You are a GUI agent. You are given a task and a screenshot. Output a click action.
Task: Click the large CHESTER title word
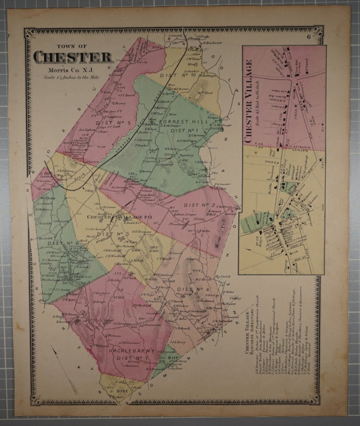click(x=73, y=57)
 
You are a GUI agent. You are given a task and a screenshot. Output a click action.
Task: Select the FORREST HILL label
click(x=184, y=122)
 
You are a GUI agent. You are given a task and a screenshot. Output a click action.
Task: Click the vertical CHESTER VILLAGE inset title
click(x=249, y=101)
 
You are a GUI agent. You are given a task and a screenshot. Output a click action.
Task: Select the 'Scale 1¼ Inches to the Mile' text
click(x=71, y=77)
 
